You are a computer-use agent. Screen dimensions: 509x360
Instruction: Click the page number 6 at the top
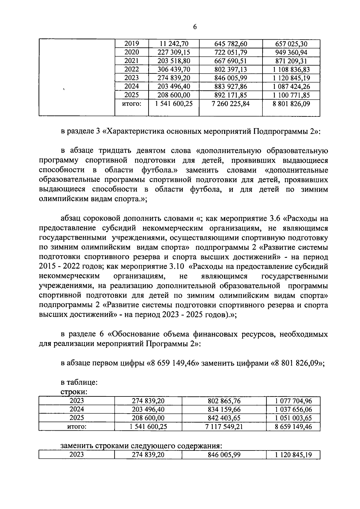coord(195,27)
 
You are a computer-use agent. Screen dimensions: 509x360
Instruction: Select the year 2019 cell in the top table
coord(132,44)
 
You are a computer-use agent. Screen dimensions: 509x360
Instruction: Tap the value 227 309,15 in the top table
coord(174,53)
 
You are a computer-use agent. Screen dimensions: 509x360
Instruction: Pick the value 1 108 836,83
coord(291,70)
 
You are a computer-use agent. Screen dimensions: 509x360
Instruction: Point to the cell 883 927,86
coord(230,87)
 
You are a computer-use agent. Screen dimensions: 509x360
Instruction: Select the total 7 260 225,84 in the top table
coord(230,104)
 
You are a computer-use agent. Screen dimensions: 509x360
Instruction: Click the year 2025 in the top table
coord(132,95)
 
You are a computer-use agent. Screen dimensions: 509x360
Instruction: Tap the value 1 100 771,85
coord(291,95)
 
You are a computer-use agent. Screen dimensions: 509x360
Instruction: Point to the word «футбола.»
coord(160,170)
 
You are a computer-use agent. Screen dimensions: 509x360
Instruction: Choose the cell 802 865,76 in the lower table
coord(224,401)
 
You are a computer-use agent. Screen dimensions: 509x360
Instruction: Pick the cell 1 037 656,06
coord(293,409)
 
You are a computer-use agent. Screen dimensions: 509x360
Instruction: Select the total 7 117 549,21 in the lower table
coord(224,426)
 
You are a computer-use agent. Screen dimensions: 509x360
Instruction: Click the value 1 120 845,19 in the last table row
coord(293,455)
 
